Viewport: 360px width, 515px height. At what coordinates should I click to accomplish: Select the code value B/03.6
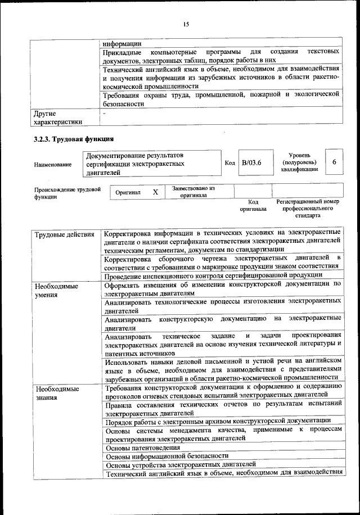pyautogui.click(x=251, y=163)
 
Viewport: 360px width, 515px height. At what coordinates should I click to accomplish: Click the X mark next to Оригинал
pyautogui.click(x=155, y=192)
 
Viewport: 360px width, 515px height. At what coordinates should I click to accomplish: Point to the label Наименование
pyautogui.click(x=53, y=164)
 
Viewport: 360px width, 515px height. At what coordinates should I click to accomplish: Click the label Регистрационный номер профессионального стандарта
pyautogui.click(x=308, y=208)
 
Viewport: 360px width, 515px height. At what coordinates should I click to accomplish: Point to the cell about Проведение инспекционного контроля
pyautogui.click(x=213, y=275)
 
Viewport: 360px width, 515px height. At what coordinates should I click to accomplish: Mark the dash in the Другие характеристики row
pyautogui.click(x=105, y=114)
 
